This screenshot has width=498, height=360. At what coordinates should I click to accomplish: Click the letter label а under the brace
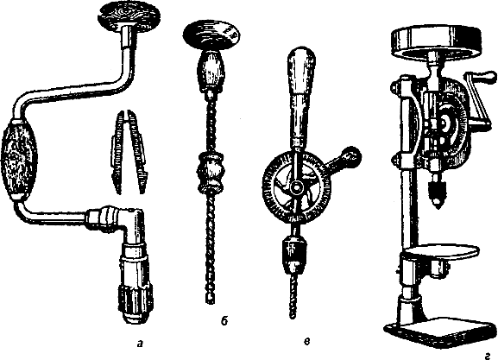139,344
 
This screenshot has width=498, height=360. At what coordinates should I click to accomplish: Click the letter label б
224,321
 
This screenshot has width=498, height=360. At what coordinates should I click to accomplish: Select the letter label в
306,342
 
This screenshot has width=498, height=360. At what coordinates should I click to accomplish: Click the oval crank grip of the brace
19,160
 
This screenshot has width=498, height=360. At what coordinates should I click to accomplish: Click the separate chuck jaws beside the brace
129,152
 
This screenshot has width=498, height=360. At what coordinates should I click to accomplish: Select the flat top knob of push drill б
211,35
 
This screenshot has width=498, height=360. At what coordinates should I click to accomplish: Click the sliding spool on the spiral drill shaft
210,173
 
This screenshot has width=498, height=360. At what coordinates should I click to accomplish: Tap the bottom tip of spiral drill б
209,301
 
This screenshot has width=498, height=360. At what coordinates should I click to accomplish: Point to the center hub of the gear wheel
297,187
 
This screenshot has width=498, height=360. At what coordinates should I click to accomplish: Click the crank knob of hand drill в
351,155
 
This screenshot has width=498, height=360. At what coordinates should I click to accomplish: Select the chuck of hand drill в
293,254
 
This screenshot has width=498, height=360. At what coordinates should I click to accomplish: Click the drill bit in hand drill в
293,296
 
